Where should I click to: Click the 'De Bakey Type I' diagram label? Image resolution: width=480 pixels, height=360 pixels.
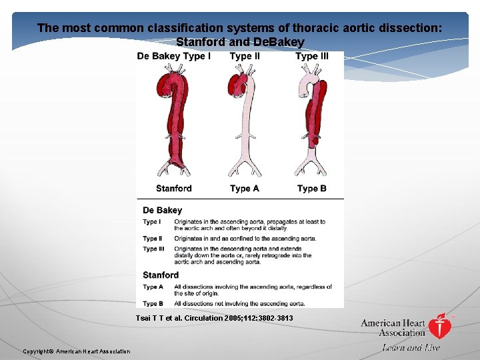pyautogui.click(x=174, y=57)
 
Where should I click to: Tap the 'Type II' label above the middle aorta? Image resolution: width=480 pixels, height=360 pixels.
pyautogui.click(x=245, y=57)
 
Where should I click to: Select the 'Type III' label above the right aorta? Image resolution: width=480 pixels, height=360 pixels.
pyautogui.click(x=312, y=57)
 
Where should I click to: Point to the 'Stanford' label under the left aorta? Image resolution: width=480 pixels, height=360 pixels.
pyautogui.click(x=174, y=189)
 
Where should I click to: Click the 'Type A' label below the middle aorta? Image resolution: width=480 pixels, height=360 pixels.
pyautogui.click(x=245, y=189)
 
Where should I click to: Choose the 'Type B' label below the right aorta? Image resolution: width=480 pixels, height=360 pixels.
pyautogui.click(x=312, y=189)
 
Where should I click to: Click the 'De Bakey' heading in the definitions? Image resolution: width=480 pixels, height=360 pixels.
pyautogui.click(x=162, y=211)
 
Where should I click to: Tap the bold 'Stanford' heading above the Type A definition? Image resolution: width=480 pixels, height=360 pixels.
pyautogui.click(x=161, y=275)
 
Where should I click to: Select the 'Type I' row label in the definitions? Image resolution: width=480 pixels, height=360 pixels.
pyautogui.click(x=151, y=222)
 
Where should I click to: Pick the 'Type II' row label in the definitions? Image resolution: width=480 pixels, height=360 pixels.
pyautogui.click(x=152, y=238)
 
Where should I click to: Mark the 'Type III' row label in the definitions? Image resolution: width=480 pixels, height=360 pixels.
pyautogui.click(x=153, y=249)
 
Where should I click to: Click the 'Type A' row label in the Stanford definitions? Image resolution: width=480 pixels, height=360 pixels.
pyautogui.click(x=153, y=287)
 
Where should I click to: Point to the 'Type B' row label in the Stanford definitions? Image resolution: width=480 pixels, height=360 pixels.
pyautogui.click(x=153, y=303)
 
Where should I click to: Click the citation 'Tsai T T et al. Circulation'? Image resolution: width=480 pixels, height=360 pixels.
pyautogui.click(x=214, y=318)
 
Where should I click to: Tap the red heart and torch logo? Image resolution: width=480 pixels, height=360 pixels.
pyautogui.click(x=439, y=327)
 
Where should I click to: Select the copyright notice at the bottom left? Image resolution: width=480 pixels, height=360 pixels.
pyautogui.click(x=77, y=351)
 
